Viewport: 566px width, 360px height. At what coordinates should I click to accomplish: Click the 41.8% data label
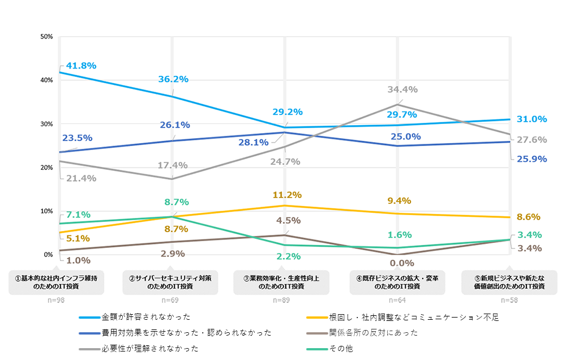point(81,66)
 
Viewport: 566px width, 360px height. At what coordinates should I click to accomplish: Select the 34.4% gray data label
point(402,89)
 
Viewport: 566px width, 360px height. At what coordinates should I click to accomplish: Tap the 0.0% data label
point(402,263)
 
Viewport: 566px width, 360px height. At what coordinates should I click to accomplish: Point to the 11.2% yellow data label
point(287,195)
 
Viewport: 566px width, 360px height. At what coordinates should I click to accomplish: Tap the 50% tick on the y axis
point(46,37)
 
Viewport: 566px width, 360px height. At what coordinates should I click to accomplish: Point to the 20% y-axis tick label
point(46,168)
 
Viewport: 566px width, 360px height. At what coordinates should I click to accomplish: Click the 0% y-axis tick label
point(48,255)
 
